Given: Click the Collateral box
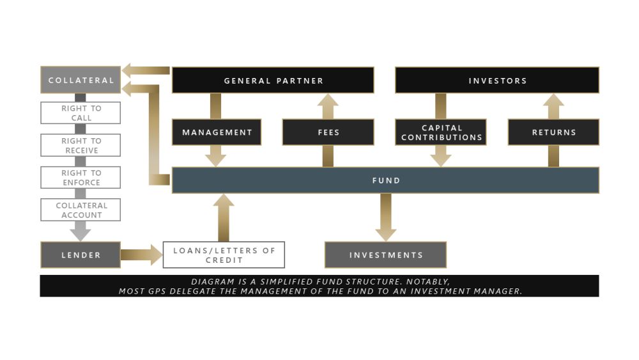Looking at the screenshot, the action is [81, 80].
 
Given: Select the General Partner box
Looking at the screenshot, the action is [273, 81].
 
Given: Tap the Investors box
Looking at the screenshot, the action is [497, 81].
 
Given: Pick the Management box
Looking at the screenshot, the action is [217, 132].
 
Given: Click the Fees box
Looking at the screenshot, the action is [328, 132].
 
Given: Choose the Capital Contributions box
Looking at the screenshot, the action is [441, 132].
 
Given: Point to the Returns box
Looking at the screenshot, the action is [553, 132].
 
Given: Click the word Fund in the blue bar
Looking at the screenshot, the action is [386, 180].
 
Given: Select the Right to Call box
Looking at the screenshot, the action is [81, 113].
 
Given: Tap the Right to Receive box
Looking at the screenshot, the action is [81, 145].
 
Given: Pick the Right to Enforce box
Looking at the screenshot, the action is [81, 177].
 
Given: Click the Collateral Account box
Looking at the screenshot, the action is [81, 210].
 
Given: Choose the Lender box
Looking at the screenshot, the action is [81, 254].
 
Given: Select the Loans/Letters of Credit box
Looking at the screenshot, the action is [224, 254].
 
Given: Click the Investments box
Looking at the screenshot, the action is [385, 254].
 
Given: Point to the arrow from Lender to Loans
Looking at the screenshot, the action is [142, 254].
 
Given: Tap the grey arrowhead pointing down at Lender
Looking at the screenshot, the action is [81, 235].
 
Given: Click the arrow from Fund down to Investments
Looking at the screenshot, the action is [385, 217].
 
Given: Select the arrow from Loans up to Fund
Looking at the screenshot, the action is [223, 217].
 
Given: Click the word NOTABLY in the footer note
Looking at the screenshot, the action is [428, 282].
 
